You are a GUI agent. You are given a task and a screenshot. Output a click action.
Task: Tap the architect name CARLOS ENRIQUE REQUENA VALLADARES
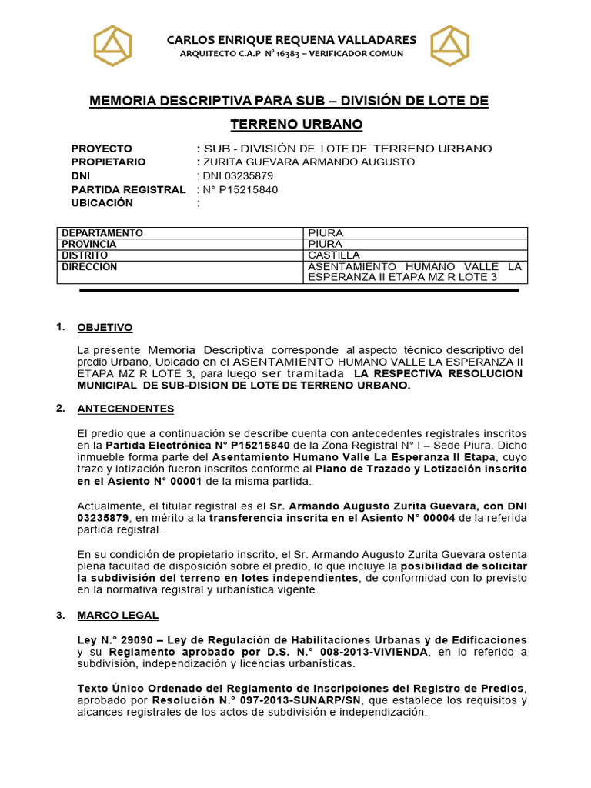click(292, 39)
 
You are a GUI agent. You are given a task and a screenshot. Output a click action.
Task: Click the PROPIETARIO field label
click(109, 162)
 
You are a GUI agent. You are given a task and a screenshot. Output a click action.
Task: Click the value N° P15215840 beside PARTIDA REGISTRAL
click(241, 189)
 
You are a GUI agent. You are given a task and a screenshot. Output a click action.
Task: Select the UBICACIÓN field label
click(102, 203)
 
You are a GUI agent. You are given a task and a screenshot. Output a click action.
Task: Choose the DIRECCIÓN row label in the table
click(89, 266)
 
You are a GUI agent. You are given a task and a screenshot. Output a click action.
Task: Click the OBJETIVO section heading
click(105, 328)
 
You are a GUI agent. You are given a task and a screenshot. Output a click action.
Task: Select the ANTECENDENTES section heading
click(125, 409)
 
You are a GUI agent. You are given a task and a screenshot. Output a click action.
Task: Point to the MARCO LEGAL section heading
click(118, 616)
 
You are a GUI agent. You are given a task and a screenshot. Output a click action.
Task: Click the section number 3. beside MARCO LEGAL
click(61, 616)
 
